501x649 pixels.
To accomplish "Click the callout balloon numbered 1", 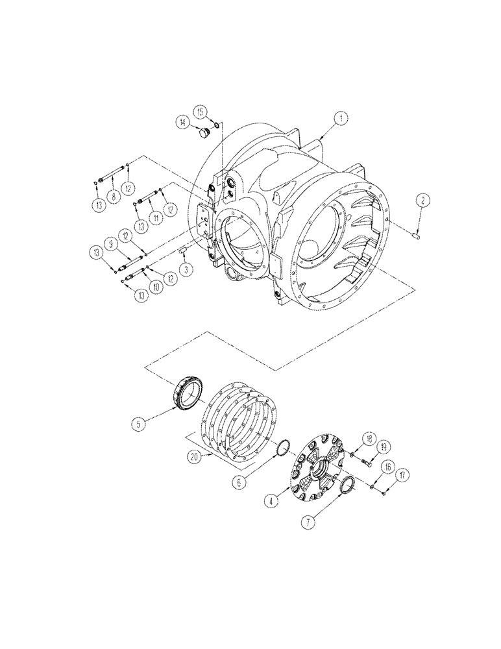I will [339, 118].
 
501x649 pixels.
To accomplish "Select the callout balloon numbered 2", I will [422, 201].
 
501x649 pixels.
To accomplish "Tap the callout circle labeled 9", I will [110, 245].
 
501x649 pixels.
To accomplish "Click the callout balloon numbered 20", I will [193, 456].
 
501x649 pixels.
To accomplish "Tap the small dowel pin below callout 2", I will [419, 236].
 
